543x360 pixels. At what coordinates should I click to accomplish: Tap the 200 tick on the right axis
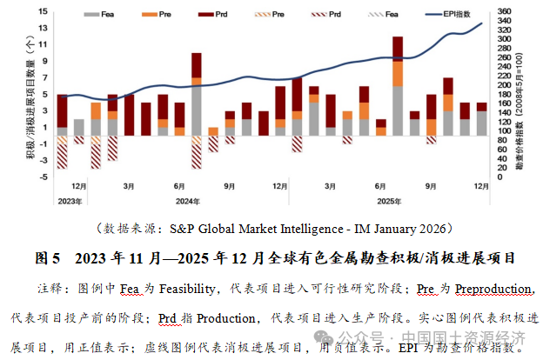(x=502, y=86)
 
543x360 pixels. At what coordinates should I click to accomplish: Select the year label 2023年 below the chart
(x=70, y=202)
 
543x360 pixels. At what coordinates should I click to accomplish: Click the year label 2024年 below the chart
(x=201, y=202)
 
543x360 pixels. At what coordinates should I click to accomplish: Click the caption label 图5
(x=48, y=258)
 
